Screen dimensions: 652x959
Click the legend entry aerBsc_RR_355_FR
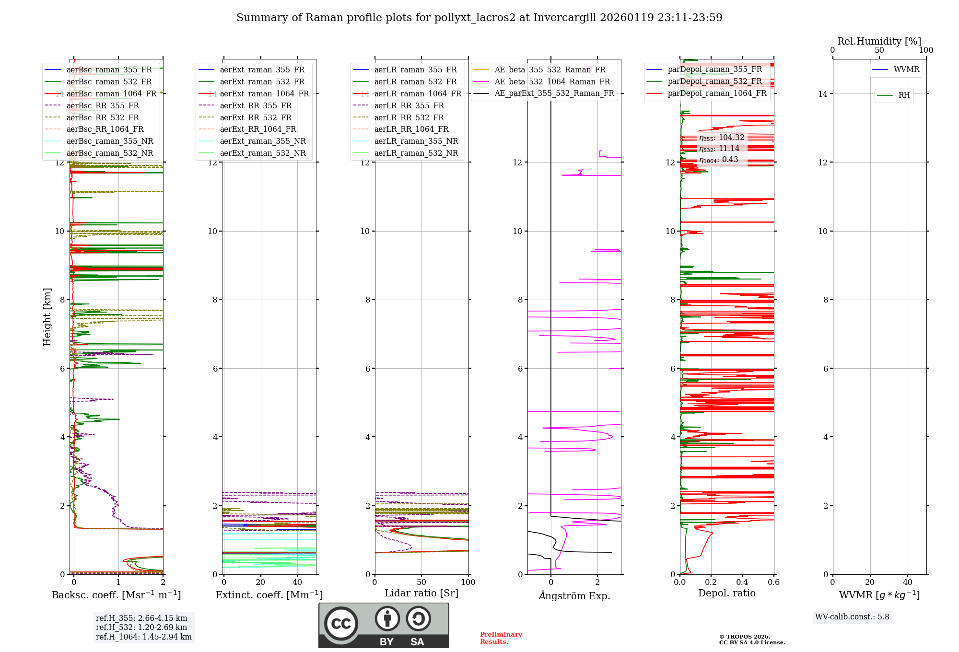(103, 105)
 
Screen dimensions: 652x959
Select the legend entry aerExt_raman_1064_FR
(264, 93)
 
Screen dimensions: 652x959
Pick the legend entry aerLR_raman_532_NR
(416, 153)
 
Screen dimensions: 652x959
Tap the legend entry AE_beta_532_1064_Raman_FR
(552, 81)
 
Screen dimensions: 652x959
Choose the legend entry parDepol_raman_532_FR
(714, 81)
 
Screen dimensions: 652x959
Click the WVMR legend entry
(906, 70)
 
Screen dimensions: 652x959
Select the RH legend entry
(904, 95)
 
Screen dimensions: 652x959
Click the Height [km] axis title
(47, 316)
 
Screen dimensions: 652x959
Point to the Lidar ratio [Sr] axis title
(421, 593)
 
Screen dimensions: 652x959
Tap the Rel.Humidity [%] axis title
(879, 41)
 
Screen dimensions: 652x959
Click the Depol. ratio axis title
(726, 593)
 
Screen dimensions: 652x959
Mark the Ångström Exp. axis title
(574, 596)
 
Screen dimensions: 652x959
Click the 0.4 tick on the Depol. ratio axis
(742, 582)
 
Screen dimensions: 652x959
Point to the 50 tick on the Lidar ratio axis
(421, 582)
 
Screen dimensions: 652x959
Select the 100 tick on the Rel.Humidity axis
(926, 50)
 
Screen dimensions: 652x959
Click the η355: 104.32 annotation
(722, 138)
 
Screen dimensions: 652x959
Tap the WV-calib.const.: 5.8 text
(852, 617)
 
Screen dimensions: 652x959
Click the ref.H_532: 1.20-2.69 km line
(141, 627)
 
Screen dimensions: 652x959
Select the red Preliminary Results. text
(501, 638)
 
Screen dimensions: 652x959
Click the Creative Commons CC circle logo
(341, 624)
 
